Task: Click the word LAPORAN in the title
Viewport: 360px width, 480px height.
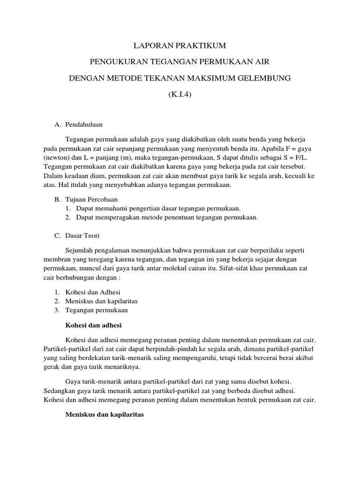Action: (x=150, y=45)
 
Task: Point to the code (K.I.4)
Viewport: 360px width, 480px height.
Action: (x=180, y=94)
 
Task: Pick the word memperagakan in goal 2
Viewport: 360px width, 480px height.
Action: (x=124, y=217)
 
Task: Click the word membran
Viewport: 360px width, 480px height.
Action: (x=56, y=259)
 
